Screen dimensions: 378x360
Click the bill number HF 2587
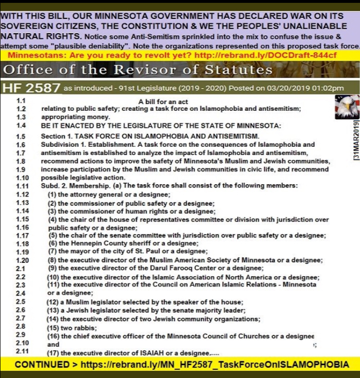point(31,88)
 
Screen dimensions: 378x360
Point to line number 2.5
point(21,301)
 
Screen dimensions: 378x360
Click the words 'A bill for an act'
point(163,102)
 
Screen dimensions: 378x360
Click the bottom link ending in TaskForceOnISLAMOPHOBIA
point(215,365)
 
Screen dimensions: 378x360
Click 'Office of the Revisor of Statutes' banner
point(137,71)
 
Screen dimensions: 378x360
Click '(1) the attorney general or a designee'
point(109,194)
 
